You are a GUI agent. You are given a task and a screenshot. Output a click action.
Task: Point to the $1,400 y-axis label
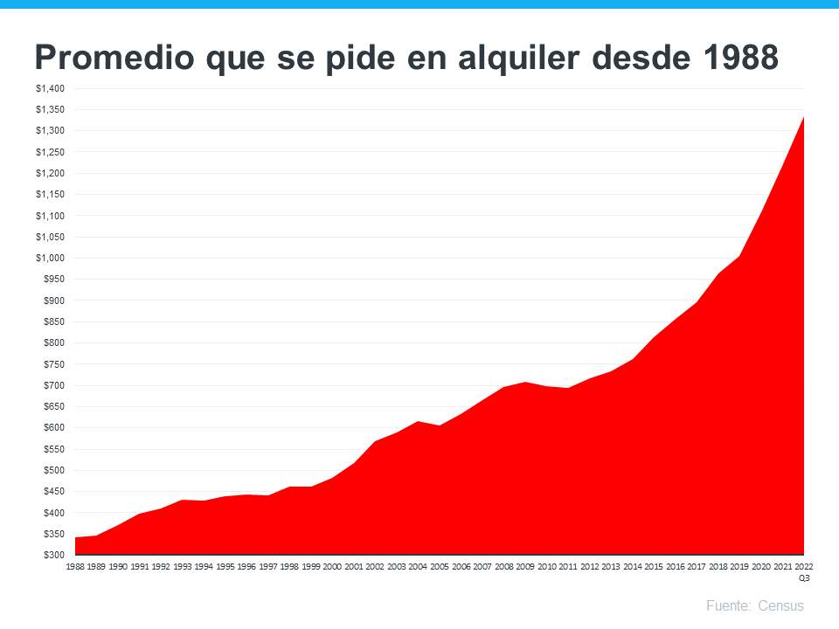(x=49, y=88)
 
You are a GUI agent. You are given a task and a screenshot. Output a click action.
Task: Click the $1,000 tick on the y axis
(x=49, y=258)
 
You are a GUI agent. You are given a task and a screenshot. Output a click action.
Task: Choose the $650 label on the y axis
(x=52, y=406)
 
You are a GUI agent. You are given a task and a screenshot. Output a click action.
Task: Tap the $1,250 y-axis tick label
(x=49, y=152)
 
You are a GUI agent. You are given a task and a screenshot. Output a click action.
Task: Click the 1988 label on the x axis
(x=75, y=566)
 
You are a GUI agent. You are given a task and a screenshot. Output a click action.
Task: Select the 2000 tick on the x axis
(x=332, y=566)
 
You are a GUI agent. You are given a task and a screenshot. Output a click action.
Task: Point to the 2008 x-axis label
(x=503, y=566)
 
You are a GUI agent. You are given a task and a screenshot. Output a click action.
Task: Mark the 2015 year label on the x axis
(x=654, y=566)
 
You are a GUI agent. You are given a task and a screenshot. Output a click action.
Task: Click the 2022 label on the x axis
(x=804, y=566)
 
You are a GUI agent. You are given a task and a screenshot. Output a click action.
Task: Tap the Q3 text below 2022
(x=804, y=577)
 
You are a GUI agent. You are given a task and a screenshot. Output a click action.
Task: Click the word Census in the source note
(x=780, y=605)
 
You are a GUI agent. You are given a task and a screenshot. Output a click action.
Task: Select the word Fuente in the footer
(x=727, y=605)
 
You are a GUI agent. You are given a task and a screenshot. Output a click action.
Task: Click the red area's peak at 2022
(x=803, y=118)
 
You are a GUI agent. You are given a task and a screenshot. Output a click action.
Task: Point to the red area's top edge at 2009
(x=525, y=382)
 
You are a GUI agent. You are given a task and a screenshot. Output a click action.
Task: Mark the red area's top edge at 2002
(x=375, y=442)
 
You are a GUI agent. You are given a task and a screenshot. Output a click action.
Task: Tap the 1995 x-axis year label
(x=225, y=566)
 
